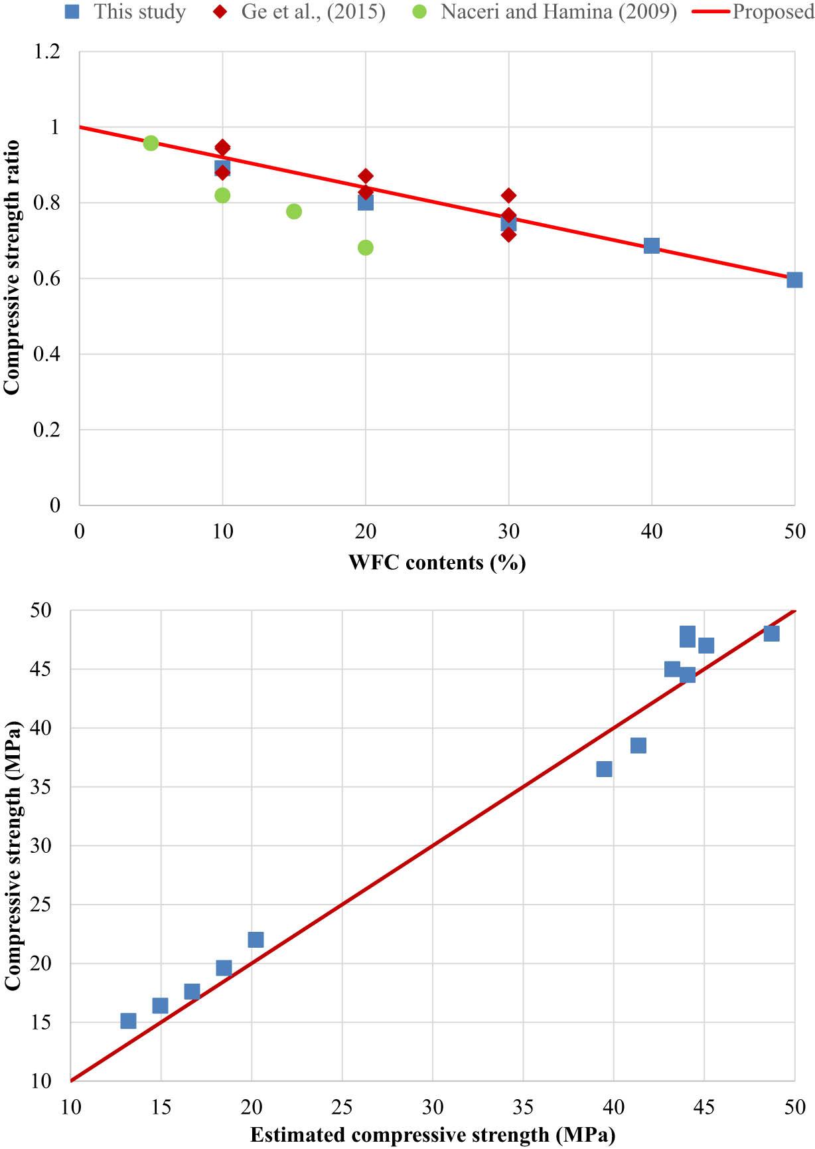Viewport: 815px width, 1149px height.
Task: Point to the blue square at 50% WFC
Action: (794, 280)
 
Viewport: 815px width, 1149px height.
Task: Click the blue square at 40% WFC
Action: (652, 246)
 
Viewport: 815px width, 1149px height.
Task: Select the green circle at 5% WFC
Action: (151, 143)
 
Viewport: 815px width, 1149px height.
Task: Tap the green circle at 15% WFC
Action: (294, 211)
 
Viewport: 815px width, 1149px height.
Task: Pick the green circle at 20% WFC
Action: (366, 248)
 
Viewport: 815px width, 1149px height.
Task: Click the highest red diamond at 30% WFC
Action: (509, 195)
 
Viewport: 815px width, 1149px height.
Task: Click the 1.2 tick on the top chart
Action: (46, 51)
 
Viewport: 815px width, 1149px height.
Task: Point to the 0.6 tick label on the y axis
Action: (46, 278)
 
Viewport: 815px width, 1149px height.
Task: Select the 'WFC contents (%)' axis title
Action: (437, 563)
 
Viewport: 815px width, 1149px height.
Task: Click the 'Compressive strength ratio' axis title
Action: (12, 267)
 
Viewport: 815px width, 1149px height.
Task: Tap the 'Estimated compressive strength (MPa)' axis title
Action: (433, 1135)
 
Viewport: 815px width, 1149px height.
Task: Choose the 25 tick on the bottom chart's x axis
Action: (342, 1107)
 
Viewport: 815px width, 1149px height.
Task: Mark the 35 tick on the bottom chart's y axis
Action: (40, 787)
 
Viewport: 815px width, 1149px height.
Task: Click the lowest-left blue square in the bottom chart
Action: (128, 1021)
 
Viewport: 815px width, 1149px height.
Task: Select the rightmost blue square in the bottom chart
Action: (771, 634)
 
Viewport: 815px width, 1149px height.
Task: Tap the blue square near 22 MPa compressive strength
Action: (256, 939)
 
